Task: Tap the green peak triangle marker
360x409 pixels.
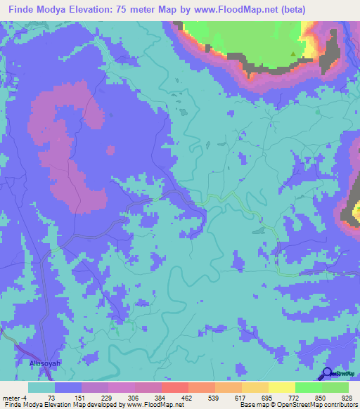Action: pyautogui.click(x=295, y=53)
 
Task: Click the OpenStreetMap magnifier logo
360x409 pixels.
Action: pyautogui.click(x=328, y=375)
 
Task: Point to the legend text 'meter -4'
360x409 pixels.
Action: pyautogui.click(x=13, y=397)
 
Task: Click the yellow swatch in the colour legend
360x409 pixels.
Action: pyautogui.click(x=281, y=387)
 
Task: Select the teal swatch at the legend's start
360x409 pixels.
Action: pyautogui.click(x=41, y=387)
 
